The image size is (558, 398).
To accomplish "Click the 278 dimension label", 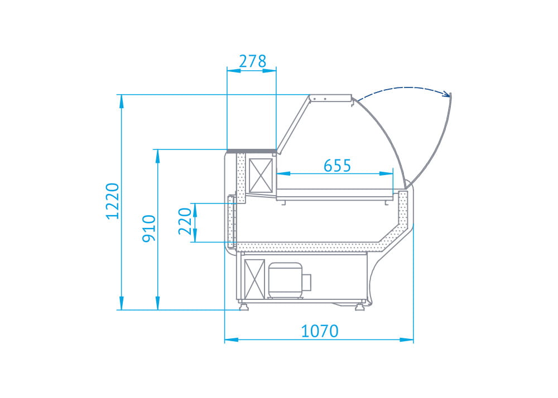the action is click(x=252, y=61).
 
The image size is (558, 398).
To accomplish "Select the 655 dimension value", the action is click(x=338, y=166).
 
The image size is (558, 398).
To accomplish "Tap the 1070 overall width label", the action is click(x=320, y=331).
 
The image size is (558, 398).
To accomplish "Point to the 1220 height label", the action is click(x=113, y=201).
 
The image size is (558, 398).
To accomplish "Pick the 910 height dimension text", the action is click(x=149, y=229).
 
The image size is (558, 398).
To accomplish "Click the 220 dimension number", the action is click(x=185, y=221).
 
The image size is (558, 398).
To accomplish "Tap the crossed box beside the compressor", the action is click(x=254, y=279).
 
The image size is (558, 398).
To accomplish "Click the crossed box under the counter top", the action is click(x=261, y=176).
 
